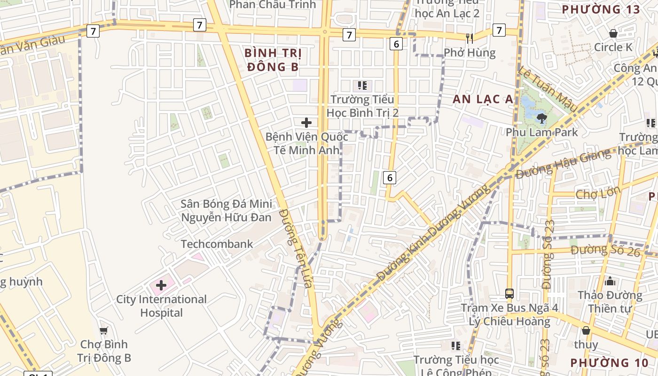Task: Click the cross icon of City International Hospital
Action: pyautogui.click(x=161, y=285)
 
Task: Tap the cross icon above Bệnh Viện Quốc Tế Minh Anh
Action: pyautogui.click(x=306, y=123)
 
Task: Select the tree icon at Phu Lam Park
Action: pyautogui.click(x=541, y=118)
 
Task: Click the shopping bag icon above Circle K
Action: pyautogui.click(x=613, y=33)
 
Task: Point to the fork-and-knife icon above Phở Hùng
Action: pyautogui.click(x=469, y=38)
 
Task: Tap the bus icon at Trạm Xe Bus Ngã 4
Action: pyautogui.click(x=509, y=294)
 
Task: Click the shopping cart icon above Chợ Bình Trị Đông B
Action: pyautogui.click(x=103, y=330)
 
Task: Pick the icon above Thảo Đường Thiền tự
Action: pyautogui.click(x=610, y=282)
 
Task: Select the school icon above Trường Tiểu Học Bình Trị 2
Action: pyautogui.click(x=362, y=86)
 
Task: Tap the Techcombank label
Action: pyautogui.click(x=217, y=244)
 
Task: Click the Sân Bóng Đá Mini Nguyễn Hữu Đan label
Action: pyautogui.click(x=227, y=211)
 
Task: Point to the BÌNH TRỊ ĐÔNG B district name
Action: pyautogui.click(x=273, y=60)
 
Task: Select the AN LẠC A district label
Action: pyautogui.click(x=483, y=99)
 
